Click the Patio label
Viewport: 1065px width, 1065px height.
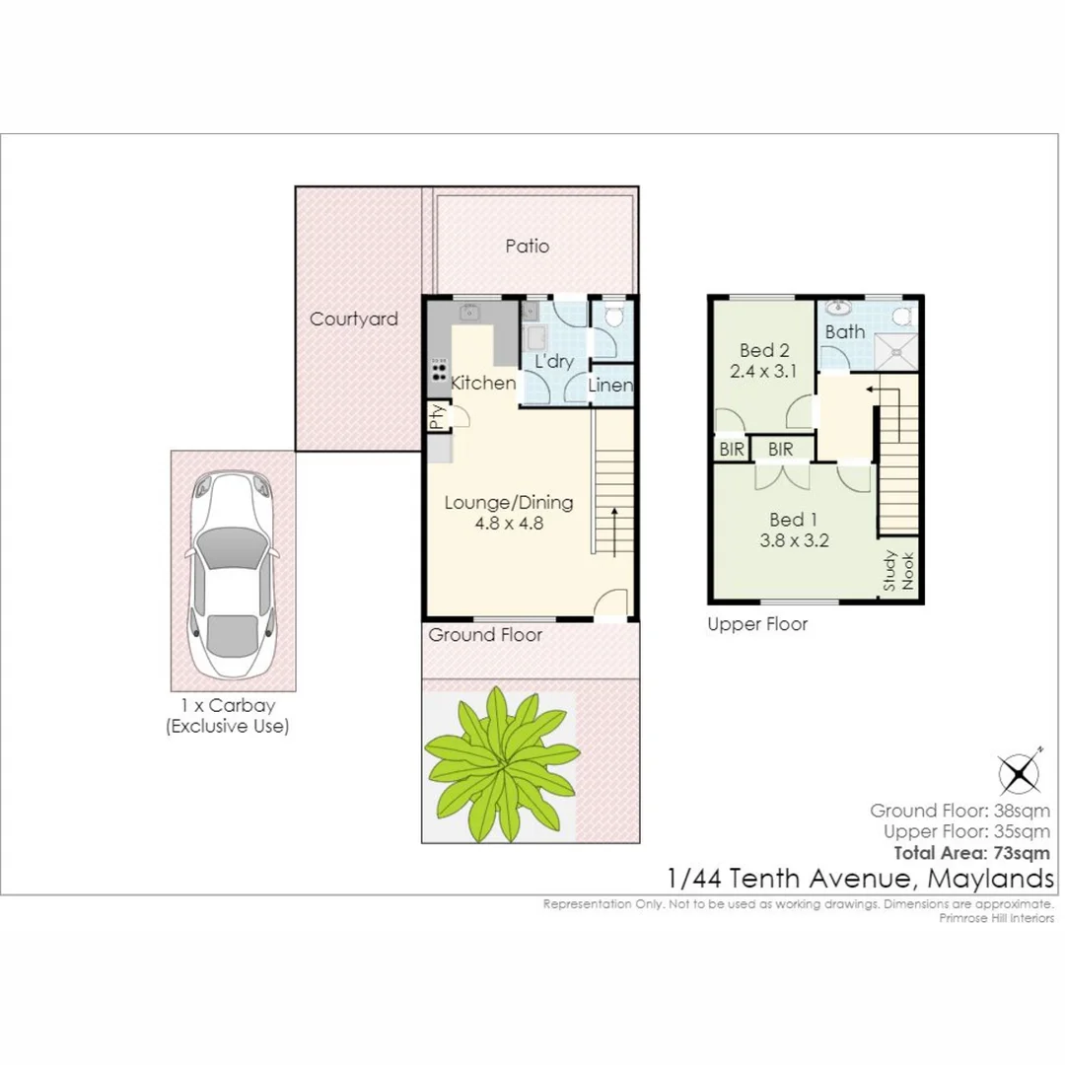527,246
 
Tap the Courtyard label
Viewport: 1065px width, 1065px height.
354,319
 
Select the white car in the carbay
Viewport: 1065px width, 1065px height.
234,575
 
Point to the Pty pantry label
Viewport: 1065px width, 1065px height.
437,415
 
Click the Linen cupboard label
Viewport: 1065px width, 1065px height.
610,386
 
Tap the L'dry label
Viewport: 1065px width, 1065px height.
554,361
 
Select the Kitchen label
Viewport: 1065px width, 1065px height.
483,383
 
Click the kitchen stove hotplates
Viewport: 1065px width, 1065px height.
439,371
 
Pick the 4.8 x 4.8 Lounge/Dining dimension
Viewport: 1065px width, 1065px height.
509,523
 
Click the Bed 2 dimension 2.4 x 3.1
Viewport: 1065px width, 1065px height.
762,372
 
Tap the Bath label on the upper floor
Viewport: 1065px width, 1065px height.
845,332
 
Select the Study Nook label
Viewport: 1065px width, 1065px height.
898,571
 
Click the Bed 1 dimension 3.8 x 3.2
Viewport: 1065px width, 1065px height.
794,541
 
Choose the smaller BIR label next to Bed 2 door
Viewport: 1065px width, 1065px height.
732,450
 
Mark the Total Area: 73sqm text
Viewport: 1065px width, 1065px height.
972,853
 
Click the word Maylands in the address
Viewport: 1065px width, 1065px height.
990,879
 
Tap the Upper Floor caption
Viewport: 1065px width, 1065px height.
757,624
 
